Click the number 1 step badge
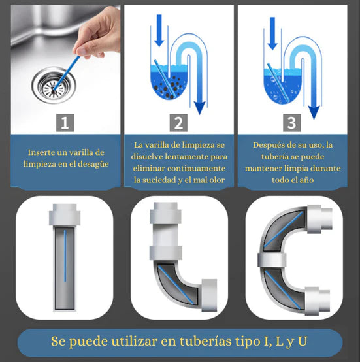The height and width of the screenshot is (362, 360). point(65,123)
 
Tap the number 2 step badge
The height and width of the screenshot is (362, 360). point(178,123)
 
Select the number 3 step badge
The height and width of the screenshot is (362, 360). point(292,123)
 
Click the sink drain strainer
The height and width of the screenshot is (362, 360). point(54,85)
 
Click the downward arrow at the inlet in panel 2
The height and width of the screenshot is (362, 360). point(159,30)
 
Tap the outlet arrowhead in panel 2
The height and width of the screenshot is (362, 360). point(199,108)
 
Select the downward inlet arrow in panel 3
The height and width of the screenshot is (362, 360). point(272,33)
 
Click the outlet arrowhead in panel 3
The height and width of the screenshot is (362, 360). point(314,112)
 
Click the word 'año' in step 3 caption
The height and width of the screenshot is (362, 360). point(307,180)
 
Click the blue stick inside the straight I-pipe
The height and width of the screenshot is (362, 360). point(65,255)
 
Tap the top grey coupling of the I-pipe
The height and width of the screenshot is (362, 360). point(65,215)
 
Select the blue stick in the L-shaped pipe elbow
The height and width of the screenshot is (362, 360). point(176,285)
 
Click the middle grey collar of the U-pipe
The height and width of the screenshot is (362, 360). point(272,261)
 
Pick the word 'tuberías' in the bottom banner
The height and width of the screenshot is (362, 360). point(206,341)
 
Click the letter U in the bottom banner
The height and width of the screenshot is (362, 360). point(303,341)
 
